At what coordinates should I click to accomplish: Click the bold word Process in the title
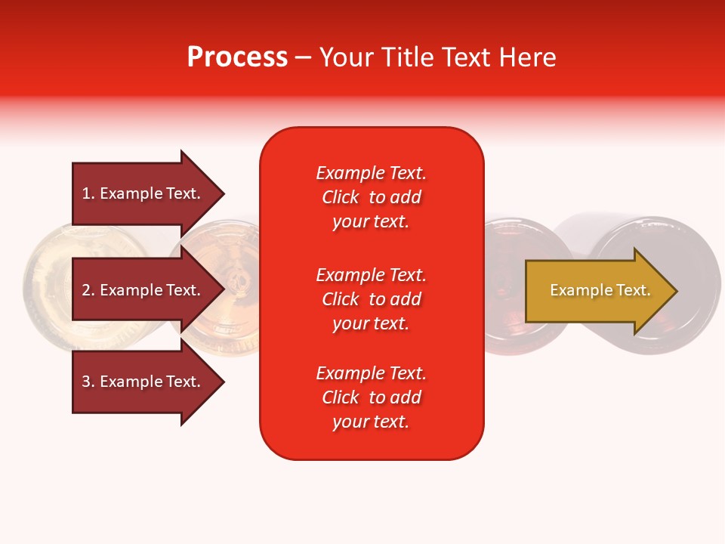(x=237, y=57)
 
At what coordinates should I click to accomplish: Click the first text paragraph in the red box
(x=371, y=197)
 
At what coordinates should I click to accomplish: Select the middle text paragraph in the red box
(x=371, y=299)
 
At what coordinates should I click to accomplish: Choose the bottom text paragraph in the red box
(x=371, y=397)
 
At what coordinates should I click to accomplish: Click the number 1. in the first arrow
(x=88, y=193)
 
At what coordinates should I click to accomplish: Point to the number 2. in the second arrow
(x=88, y=290)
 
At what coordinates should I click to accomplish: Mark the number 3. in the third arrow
(x=88, y=382)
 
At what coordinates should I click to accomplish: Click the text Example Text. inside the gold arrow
(x=600, y=290)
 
